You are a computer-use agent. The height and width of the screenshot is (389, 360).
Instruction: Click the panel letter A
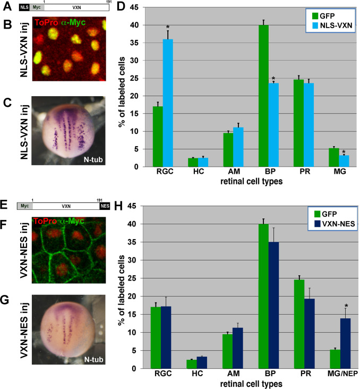pos(7,7)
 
